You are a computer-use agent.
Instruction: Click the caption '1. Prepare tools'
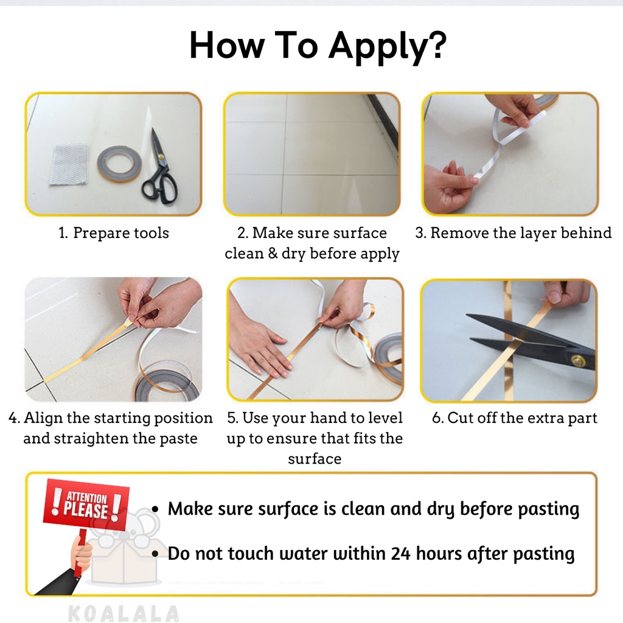coord(114,233)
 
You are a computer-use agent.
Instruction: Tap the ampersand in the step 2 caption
coord(273,253)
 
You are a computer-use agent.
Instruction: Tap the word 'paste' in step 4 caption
coord(178,439)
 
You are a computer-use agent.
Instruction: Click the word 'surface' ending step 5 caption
coord(315,459)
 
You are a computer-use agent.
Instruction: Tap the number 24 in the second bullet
coord(400,554)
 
